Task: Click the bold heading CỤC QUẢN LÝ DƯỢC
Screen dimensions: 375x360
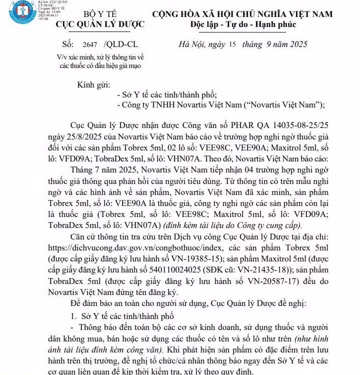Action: (100, 24)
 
